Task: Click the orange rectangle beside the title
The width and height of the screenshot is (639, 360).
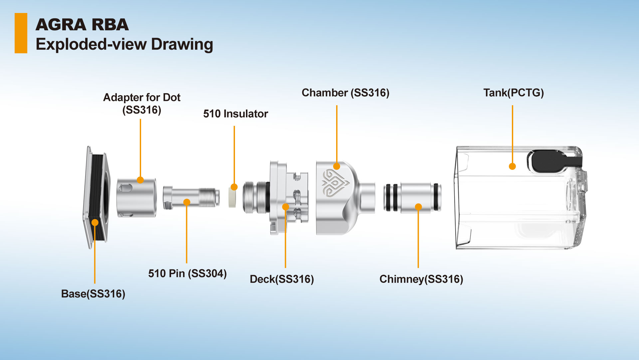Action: [21, 33]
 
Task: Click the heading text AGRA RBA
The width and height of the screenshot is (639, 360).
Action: [82, 25]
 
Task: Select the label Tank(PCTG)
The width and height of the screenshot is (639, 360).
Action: [513, 93]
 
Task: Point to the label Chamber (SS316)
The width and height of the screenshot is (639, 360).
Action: [345, 93]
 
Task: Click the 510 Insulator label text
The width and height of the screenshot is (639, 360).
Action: [235, 114]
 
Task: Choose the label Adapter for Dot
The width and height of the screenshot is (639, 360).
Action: [142, 97]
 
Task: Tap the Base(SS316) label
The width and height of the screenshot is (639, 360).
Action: [93, 294]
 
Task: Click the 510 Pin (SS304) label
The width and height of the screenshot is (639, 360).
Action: [187, 273]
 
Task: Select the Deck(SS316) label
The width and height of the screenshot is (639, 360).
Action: [282, 279]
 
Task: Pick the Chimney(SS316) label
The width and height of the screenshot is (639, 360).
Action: [421, 279]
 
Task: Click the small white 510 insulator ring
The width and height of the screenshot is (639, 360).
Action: [232, 197]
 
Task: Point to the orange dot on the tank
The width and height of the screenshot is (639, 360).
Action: [513, 166]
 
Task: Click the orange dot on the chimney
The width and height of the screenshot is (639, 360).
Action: [418, 207]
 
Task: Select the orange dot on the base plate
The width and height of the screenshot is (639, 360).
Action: [95, 222]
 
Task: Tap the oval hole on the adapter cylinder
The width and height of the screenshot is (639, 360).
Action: [125, 188]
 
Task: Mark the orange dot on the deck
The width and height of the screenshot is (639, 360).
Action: [286, 207]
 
